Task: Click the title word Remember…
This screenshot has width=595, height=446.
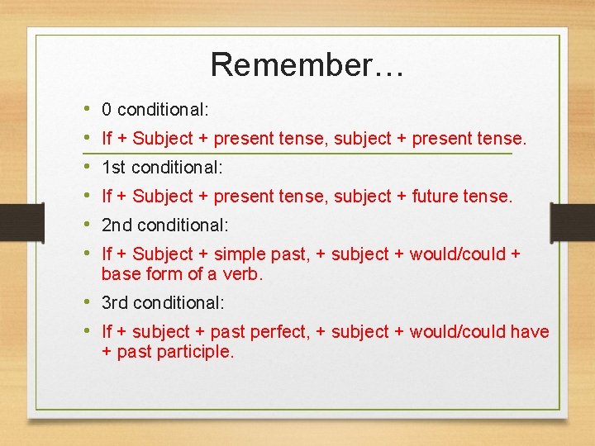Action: (307, 64)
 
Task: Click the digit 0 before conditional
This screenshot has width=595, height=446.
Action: (107, 109)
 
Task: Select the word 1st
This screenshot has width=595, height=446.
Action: (114, 167)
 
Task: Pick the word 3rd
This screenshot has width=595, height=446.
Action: (116, 303)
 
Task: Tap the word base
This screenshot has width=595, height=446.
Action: (120, 274)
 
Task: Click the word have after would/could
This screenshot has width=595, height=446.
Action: (530, 332)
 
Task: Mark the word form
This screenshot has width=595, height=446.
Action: (162, 274)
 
